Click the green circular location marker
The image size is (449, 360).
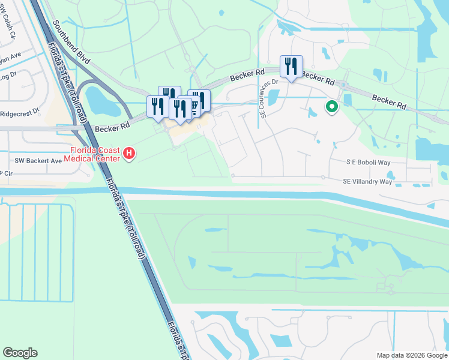tap(331, 107)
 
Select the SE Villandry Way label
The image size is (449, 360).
tap(367, 181)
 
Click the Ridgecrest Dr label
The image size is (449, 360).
tap(20, 112)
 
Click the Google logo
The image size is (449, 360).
tap(20, 353)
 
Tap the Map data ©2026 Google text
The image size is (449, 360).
tap(411, 355)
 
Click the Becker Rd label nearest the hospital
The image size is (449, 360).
tap(112, 128)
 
